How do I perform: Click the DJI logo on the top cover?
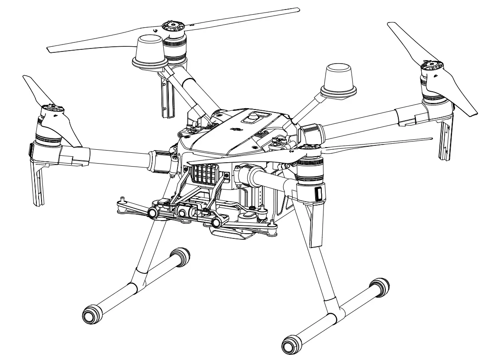236,129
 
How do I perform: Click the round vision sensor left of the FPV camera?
153,212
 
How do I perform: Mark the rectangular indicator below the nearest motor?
318,194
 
